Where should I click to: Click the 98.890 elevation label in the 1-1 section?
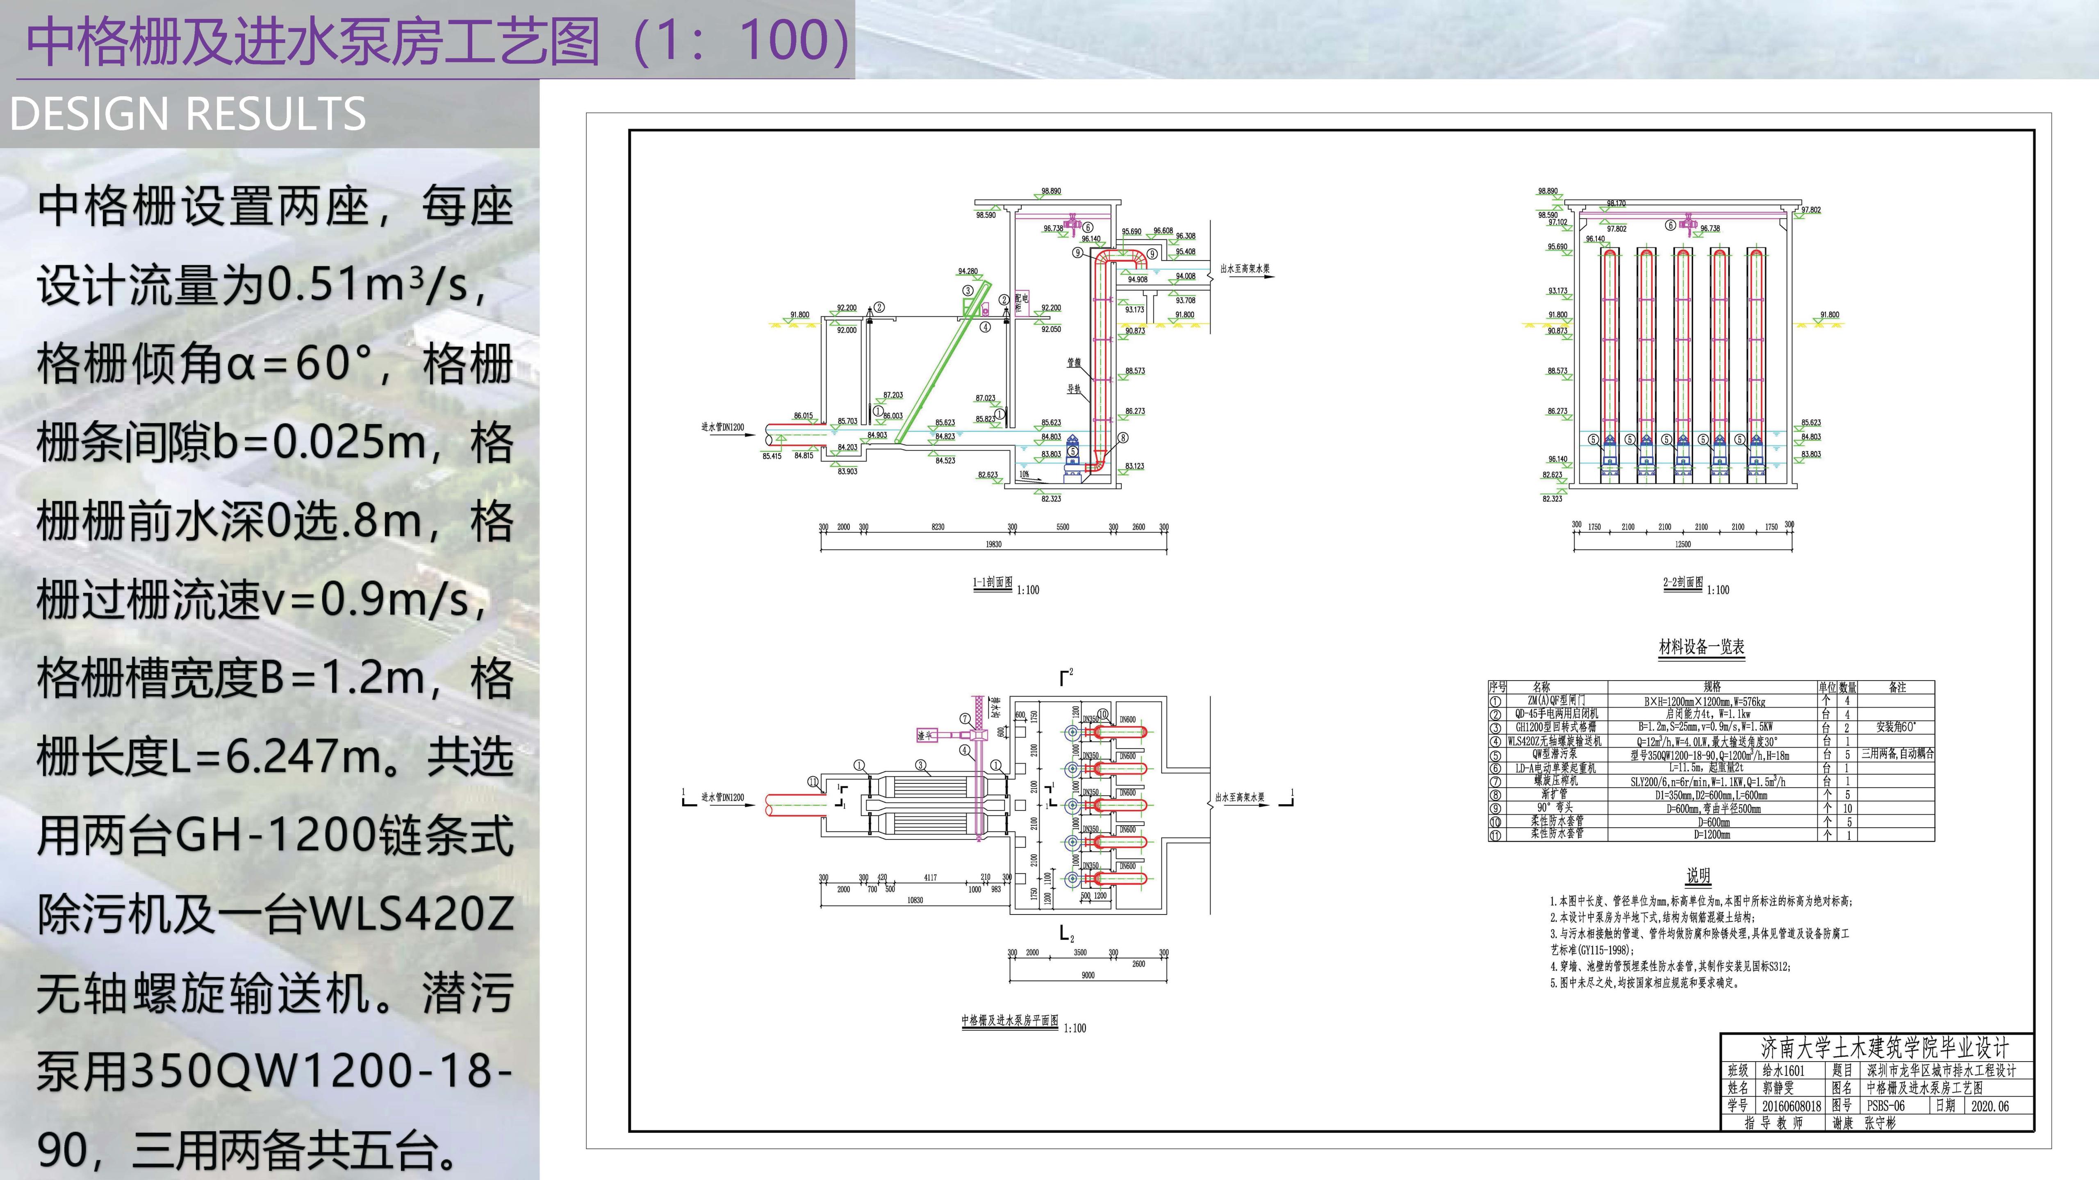point(1051,191)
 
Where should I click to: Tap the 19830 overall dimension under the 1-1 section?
point(993,544)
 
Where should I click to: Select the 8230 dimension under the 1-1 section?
point(938,527)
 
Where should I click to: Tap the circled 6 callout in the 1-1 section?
point(1087,227)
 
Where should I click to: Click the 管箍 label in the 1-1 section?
point(1074,362)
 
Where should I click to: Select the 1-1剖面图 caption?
point(993,583)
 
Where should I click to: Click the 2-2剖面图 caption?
point(1682,583)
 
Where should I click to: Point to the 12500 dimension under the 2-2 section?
point(1682,544)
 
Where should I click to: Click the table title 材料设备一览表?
point(1701,647)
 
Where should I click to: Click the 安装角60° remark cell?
point(1896,726)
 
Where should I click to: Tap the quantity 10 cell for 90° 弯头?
point(1847,809)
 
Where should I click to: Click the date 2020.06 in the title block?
point(1990,1106)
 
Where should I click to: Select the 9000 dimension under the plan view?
point(1088,975)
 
